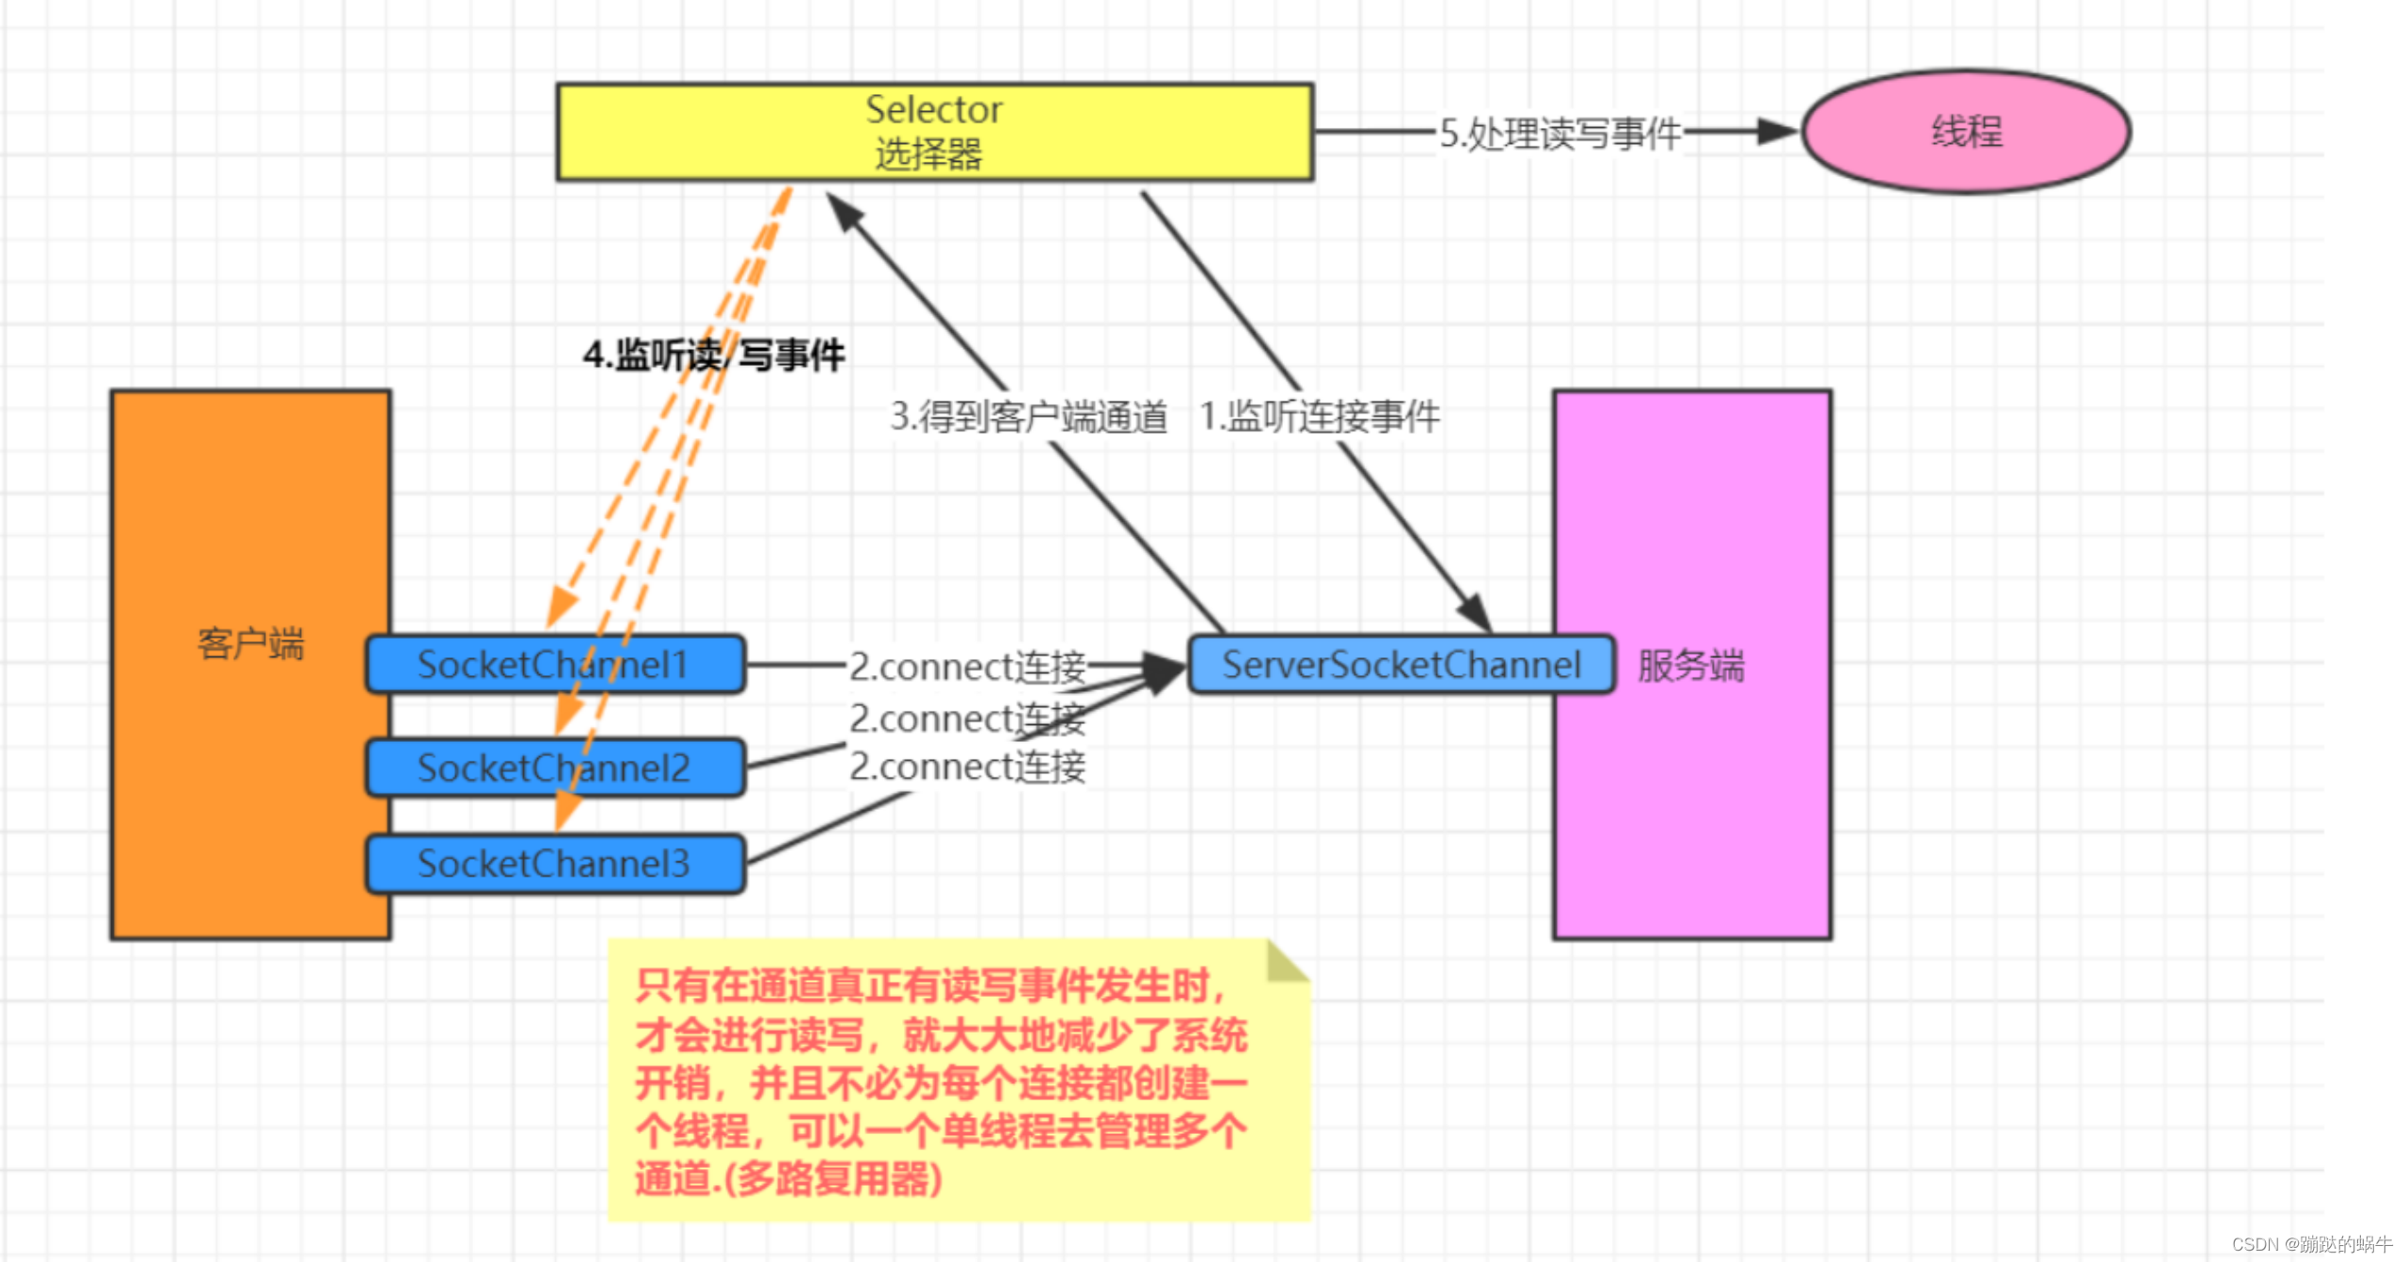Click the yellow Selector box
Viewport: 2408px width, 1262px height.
(934, 132)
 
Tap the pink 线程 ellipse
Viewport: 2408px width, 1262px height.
(1966, 132)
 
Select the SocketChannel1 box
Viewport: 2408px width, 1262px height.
(555, 665)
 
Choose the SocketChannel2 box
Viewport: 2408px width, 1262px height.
(555, 768)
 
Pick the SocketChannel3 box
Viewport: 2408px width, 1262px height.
(555, 863)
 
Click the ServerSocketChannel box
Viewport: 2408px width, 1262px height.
(1401, 665)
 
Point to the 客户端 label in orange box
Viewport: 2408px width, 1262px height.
(250, 644)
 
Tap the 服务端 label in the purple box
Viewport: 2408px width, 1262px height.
(1690, 666)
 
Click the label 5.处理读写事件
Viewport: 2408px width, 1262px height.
(1560, 134)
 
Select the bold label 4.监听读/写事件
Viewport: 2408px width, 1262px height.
(713, 355)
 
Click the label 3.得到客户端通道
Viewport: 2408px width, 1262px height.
(1028, 417)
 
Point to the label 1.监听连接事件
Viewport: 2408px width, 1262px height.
(1319, 417)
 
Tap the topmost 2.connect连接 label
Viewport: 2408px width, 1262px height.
(967, 667)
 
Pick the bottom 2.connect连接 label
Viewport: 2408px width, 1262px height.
(967, 766)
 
